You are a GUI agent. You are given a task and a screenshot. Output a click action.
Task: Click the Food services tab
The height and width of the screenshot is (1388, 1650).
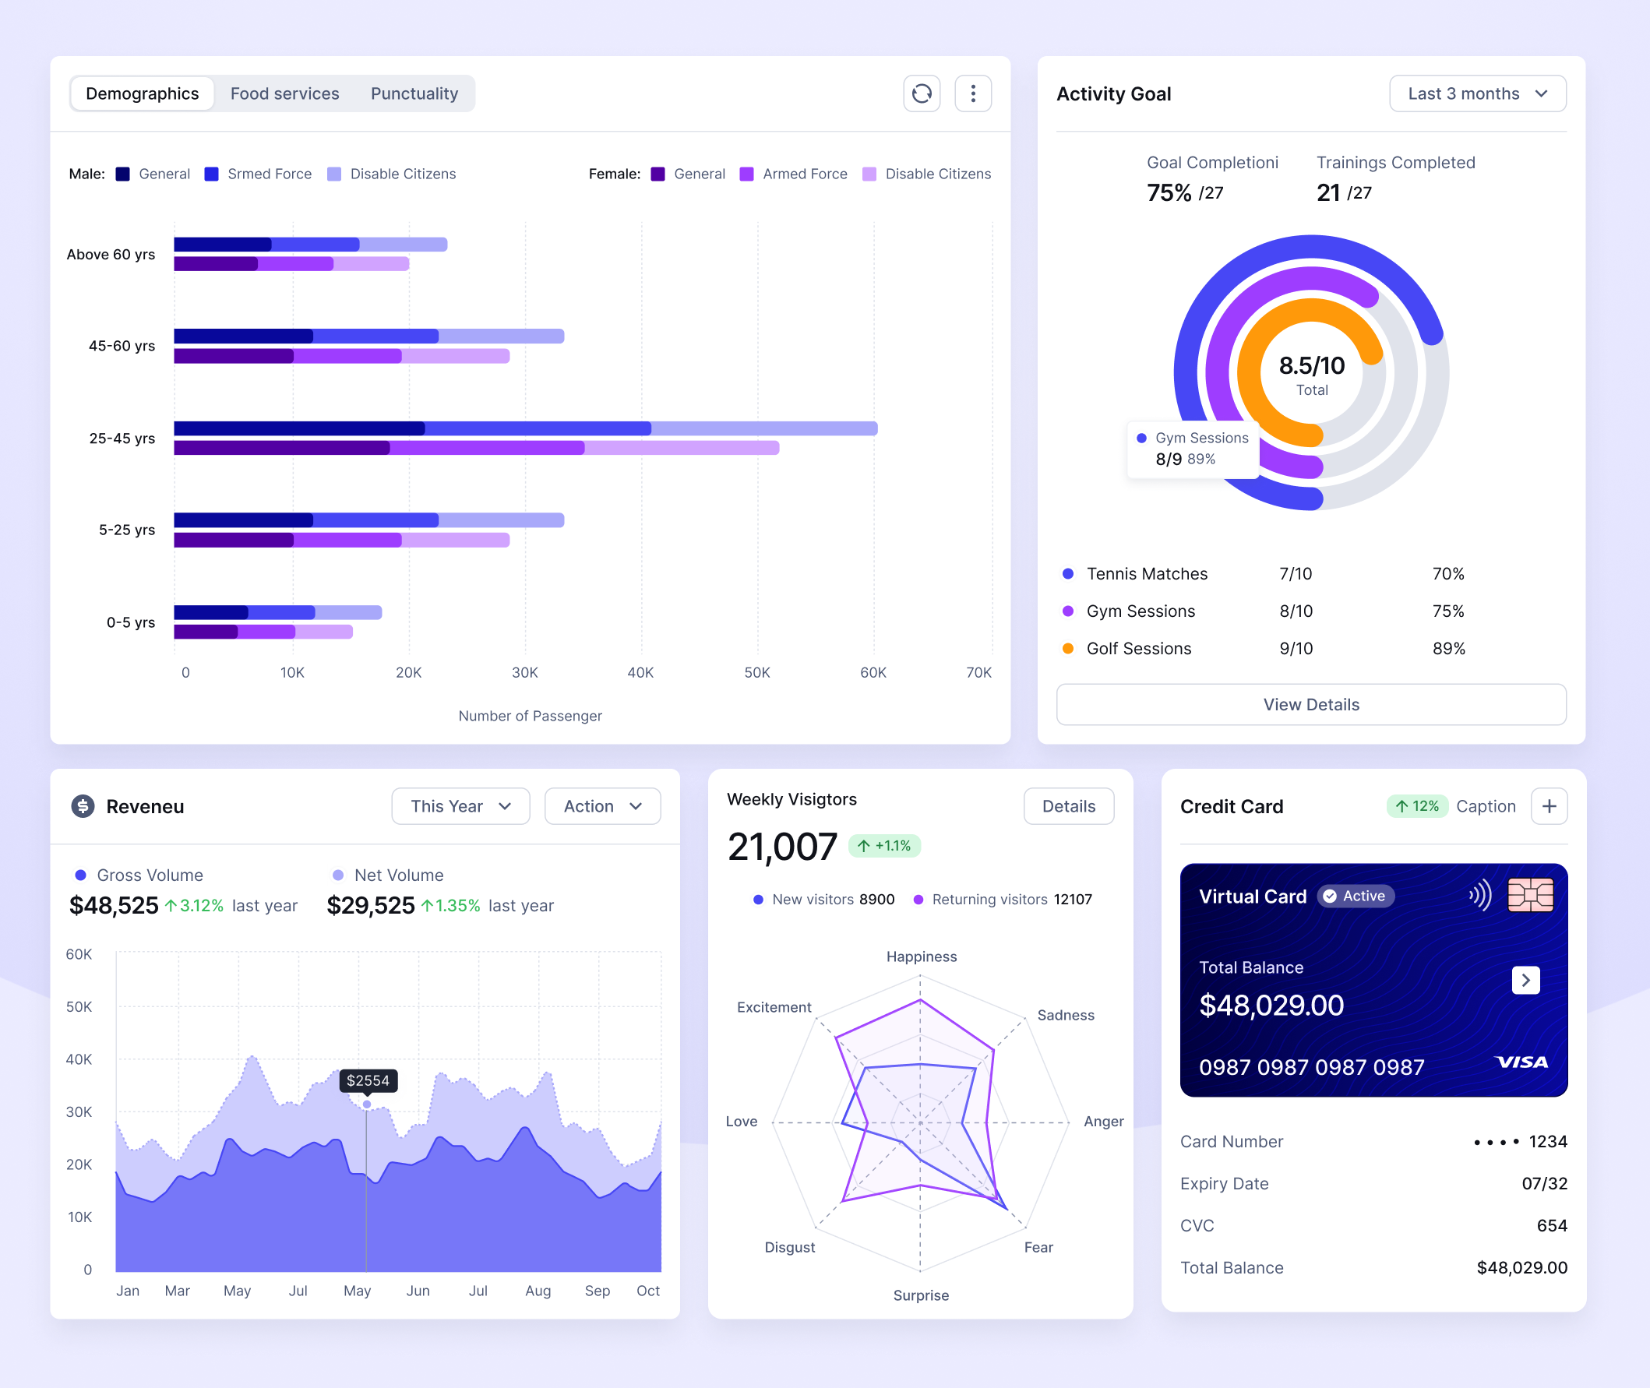pyautogui.click(x=284, y=93)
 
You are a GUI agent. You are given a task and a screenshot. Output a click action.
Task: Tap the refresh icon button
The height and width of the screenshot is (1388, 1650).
pyautogui.click(x=922, y=93)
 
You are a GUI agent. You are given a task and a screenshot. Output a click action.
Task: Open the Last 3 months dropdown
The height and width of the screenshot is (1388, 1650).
pyautogui.click(x=1477, y=93)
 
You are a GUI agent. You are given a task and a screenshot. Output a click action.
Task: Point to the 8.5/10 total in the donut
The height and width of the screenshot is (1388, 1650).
pyautogui.click(x=1311, y=366)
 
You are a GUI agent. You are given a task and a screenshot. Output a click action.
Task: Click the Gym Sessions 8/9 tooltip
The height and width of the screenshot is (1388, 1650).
pyautogui.click(x=1192, y=449)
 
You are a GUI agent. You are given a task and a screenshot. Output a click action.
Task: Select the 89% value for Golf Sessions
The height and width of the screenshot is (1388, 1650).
pyautogui.click(x=1447, y=648)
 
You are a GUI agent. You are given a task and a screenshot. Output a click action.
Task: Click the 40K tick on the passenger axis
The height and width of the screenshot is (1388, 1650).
pyautogui.click(x=640, y=673)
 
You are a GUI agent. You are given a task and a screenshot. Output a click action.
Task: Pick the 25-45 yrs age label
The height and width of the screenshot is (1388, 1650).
pyautogui.click(x=122, y=439)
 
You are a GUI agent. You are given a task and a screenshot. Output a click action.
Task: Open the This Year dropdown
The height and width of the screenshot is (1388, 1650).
pyautogui.click(x=460, y=805)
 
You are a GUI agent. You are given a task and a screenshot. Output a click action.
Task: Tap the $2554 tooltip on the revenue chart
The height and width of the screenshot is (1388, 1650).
pyautogui.click(x=368, y=1080)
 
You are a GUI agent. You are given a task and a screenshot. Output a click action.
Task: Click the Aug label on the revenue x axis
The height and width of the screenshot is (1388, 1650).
pyautogui.click(x=538, y=1291)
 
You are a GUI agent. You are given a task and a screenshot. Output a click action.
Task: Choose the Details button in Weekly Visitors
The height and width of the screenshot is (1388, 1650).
pyautogui.click(x=1068, y=805)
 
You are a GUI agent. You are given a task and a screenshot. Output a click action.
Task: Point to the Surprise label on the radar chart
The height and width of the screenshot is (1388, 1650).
pyautogui.click(x=921, y=1295)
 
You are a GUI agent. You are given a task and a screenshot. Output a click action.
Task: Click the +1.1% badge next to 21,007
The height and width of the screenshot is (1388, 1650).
pyautogui.click(x=884, y=846)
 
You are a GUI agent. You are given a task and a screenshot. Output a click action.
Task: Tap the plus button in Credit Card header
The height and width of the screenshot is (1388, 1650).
pyautogui.click(x=1549, y=805)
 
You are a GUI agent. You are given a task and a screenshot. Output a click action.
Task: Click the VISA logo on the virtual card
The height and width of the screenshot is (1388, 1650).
pyautogui.click(x=1520, y=1062)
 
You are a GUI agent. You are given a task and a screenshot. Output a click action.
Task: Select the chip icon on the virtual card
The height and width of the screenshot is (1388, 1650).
pyautogui.click(x=1529, y=895)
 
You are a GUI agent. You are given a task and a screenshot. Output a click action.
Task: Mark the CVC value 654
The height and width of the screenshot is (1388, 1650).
pyautogui.click(x=1551, y=1225)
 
